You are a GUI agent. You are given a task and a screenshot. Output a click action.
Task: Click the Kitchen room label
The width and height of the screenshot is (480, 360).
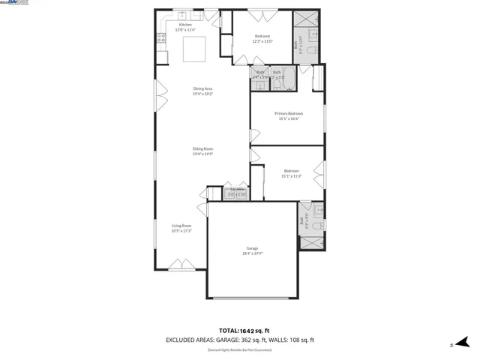[x=184, y=25]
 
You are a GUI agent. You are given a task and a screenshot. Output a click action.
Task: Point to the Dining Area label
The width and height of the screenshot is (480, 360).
[x=203, y=89]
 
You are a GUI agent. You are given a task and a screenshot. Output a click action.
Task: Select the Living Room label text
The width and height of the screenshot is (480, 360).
[x=181, y=226]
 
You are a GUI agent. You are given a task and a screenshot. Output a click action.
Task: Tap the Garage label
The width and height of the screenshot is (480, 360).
[x=253, y=248]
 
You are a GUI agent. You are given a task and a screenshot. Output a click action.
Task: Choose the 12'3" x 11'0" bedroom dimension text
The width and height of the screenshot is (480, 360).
[x=262, y=41]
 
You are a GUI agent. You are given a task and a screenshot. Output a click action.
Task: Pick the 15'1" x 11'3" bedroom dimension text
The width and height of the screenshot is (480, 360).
[x=291, y=176]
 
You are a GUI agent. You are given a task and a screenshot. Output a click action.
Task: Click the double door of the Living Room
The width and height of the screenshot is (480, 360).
[x=181, y=264]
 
